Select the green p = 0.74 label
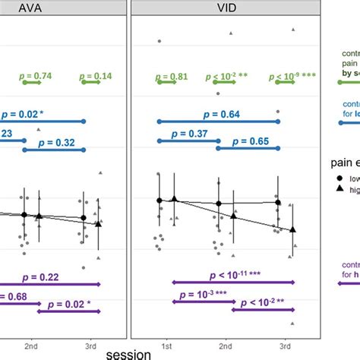tap(33, 77)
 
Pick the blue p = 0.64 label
tap(219, 114)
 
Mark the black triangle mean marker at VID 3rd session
tap(293, 229)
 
